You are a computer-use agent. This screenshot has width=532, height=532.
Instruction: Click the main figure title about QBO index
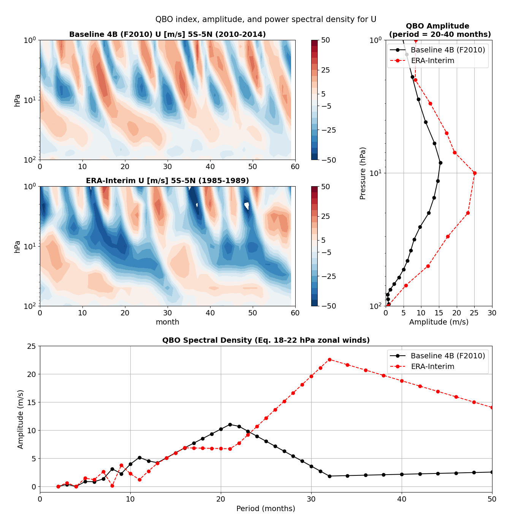click(x=266, y=19)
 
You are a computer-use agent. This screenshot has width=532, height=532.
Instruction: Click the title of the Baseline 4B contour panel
click(x=167, y=35)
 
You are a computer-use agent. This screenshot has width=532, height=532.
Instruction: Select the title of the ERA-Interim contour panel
click(x=167, y=180)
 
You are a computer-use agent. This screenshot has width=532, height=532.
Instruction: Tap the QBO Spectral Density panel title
click(x=266, y=340)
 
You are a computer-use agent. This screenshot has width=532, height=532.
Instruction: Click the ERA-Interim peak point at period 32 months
click(x=329, y=359)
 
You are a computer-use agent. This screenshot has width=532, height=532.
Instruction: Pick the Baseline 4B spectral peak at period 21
click(x=230, y=424)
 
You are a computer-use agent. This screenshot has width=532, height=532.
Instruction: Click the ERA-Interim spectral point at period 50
click(x=492, y=407)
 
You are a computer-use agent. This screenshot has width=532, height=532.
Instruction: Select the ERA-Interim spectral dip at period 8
click(x=112, y=486)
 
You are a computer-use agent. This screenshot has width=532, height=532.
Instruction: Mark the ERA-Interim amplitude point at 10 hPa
click(x=475, y=173)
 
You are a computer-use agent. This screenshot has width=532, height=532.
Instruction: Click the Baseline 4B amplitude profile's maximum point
click(x=440, y=163)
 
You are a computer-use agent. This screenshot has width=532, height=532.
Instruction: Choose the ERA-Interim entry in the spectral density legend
click(x=432, y=367)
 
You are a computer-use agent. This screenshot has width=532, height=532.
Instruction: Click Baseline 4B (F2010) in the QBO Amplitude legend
click(x=448, y=50)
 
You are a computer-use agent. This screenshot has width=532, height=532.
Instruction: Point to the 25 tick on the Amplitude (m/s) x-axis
click(x=474, y=313)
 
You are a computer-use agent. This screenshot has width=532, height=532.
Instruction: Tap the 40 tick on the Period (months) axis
click(x=402, y=499)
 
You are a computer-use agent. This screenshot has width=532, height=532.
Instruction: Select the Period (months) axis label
click(x=266, y=508)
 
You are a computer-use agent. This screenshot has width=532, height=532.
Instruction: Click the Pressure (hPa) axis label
click(x=363, y=173)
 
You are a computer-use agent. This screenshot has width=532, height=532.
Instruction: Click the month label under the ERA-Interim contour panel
click(x=167, y=322)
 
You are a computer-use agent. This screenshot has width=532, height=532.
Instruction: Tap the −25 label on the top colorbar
click(x=329, y=130)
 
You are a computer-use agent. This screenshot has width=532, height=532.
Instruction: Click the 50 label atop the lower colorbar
click(x=325, y=187)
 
